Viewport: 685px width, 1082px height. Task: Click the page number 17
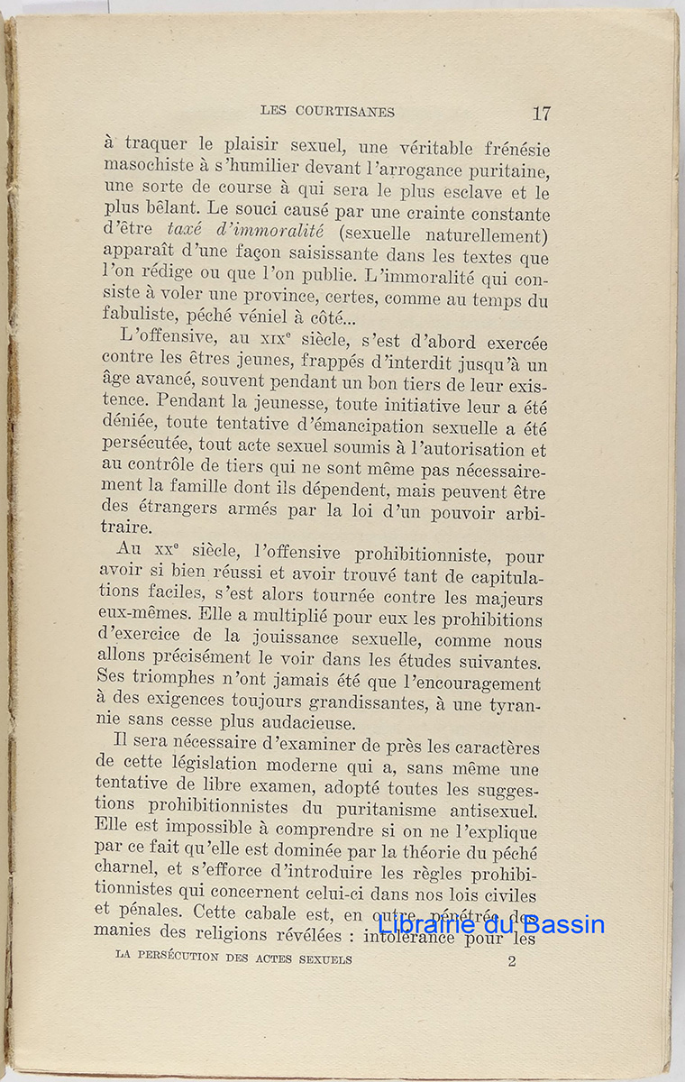[x=541, y=113]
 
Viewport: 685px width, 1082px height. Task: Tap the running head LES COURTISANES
[x=327, y=112]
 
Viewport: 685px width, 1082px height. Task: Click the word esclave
[x=485, y=193]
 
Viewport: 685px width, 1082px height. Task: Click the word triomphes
[x=163, y=683]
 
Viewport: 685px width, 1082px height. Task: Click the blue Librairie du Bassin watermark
[x=491, y=924]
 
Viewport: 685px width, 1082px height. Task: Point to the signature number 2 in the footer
[x=511, y=960]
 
